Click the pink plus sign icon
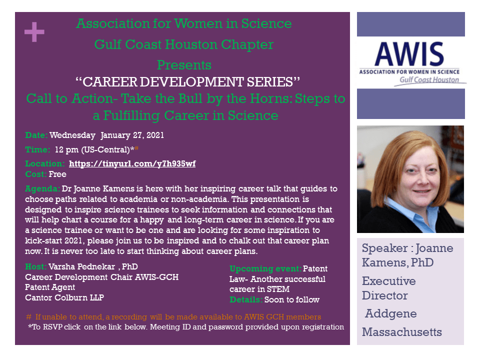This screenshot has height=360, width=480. (34, 32)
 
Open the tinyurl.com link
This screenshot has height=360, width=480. (132, 164)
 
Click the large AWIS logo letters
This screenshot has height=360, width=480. (409, 54)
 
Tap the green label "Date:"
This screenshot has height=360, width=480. (36, 135)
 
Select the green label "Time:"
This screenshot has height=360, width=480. (37, 149)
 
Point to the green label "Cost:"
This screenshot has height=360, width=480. (35, 174)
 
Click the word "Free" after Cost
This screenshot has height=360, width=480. (57, 174)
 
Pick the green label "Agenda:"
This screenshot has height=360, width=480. (42, 189)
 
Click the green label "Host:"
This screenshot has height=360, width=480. (35, 266)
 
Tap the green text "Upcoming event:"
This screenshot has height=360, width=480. (265, 269)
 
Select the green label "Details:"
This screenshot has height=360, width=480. (246, 299)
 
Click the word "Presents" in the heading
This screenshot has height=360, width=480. (184, 65)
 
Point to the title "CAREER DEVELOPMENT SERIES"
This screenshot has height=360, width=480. (187, 81)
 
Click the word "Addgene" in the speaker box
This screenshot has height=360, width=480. (391, 314)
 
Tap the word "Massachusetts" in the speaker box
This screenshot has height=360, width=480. (402, 332)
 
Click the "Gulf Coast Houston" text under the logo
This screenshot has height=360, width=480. (429, 80)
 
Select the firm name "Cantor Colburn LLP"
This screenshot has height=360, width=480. (64, 297)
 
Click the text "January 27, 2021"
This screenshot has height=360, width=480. (132, 135)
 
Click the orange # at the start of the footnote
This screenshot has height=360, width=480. (29, 317)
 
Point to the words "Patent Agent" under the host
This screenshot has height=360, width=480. (50, 287)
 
